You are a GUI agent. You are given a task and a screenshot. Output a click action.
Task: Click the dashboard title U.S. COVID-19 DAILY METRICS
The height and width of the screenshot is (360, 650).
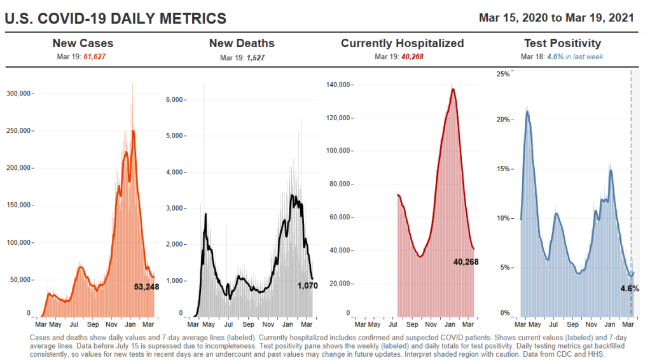point(115,18)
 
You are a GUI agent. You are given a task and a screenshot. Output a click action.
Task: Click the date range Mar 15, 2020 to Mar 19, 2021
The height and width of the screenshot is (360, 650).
point(557,17)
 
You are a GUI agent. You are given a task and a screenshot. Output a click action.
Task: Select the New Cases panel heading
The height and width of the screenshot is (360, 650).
point(83,43)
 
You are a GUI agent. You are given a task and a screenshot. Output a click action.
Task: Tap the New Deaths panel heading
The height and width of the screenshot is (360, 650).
point(242,43)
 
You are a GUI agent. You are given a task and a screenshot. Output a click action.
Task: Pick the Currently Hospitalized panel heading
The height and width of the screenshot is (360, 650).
point(403,43)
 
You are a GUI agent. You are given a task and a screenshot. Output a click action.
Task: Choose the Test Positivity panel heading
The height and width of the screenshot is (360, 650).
point(562,43)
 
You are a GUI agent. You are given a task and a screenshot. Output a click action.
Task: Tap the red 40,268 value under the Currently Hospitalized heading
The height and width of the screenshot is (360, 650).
point(412,57)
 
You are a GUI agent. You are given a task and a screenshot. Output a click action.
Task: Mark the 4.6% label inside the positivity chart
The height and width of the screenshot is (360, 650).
point(629,288)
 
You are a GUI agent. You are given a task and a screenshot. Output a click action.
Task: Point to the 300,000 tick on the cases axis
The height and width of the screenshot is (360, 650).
point(17,93)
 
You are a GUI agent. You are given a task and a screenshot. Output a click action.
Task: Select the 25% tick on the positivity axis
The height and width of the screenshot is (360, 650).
point(503,74)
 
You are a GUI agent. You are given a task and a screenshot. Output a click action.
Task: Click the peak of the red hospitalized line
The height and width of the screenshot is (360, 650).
point(453,88)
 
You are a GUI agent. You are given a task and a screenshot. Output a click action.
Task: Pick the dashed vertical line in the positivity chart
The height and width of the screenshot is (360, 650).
point(631,191)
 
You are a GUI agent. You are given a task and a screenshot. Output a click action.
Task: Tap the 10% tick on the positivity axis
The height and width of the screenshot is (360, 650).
point(503,218)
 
